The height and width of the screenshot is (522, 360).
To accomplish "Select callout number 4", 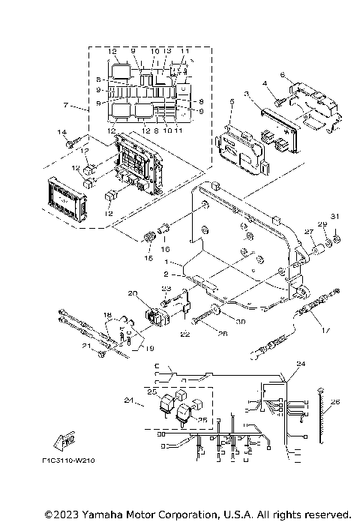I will (x=265, y=83).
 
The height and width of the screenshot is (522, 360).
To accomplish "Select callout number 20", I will (x=133, y=292).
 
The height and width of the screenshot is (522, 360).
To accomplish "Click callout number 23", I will (x=167, y=289).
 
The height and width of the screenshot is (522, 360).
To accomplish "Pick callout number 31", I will (x=335, y=218).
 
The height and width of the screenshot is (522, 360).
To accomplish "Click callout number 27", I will (x=307, y=232).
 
